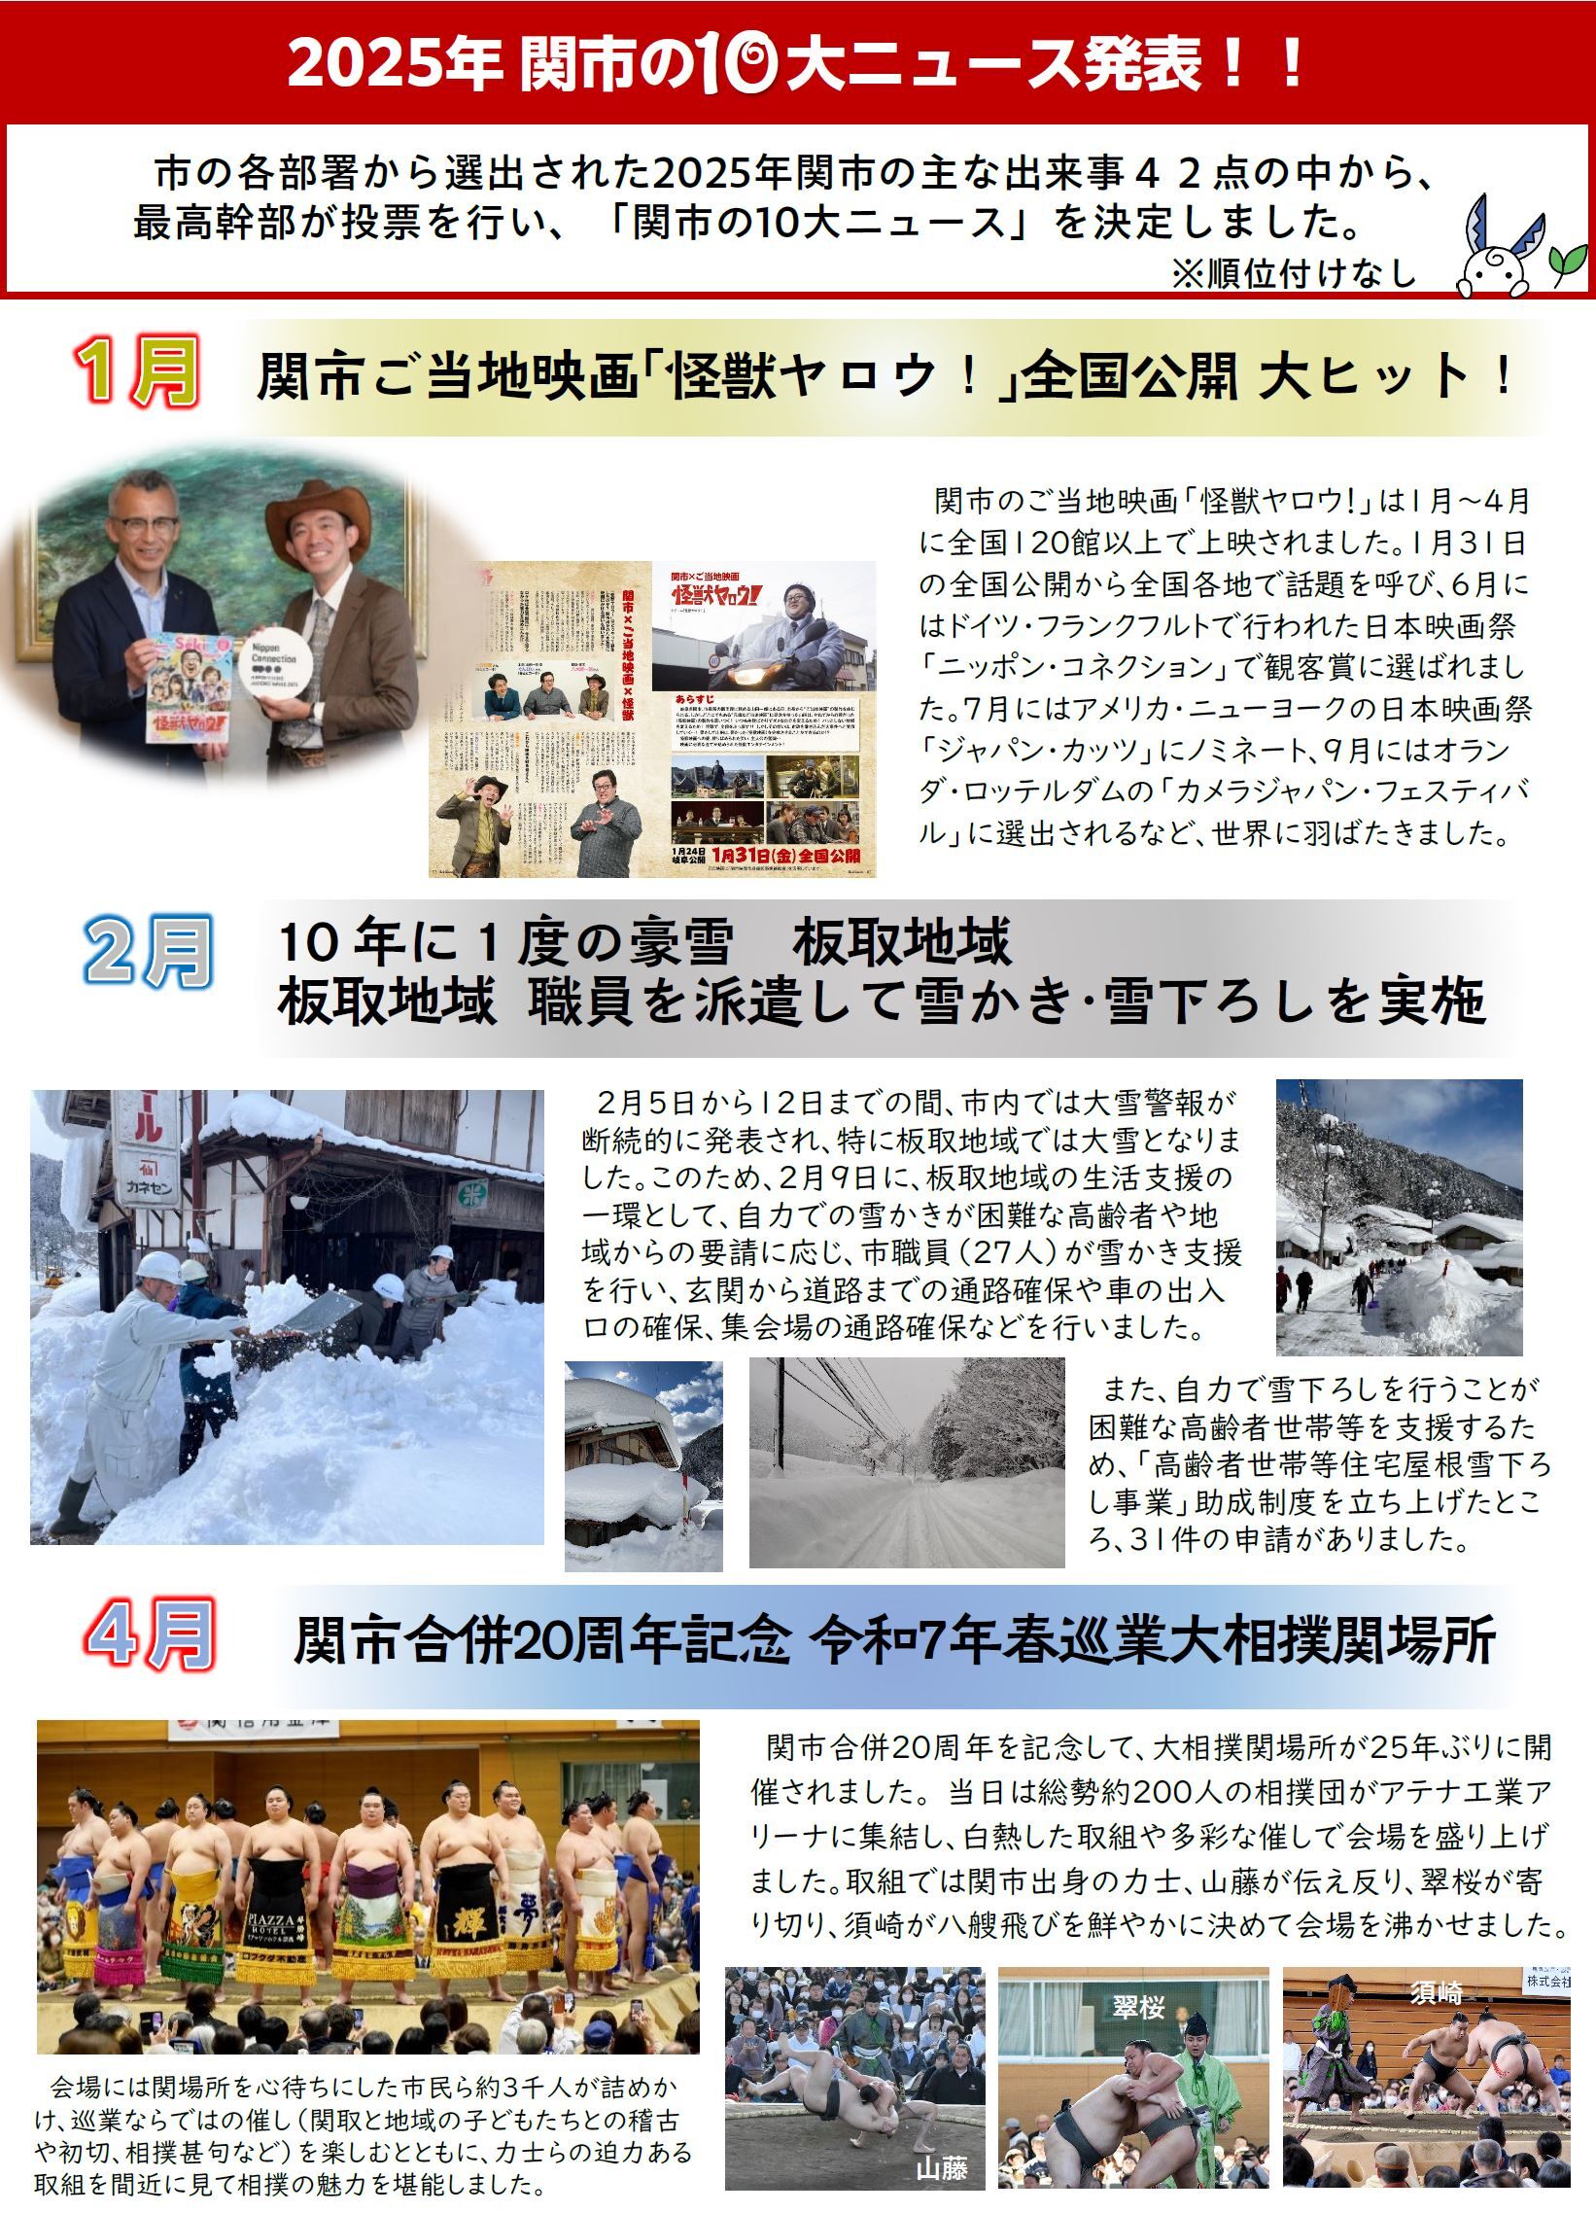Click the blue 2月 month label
pos(149,952)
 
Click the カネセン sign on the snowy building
pos(146,1189)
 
